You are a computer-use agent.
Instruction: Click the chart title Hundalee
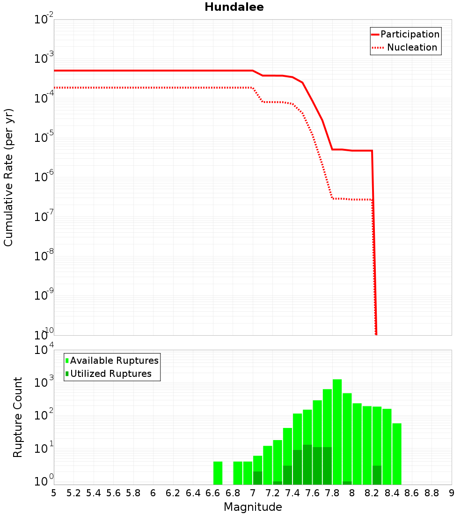click(x=234, y=7)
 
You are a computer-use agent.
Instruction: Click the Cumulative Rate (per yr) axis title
click(x=8, y=177)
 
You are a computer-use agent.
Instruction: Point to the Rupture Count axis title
click(x=18, y=417)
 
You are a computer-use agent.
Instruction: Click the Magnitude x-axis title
click(x=253, y=507)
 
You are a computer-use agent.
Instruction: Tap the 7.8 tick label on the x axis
click(x=332, y=493)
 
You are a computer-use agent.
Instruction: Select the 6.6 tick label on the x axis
click(x=213, y=493)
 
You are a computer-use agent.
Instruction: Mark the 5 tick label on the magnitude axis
click(x=54, y=493)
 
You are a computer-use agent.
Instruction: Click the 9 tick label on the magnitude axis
click(x=452, y=493)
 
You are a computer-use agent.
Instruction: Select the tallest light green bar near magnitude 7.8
click(x=337, y=421)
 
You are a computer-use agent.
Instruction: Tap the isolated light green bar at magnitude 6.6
click(x=218, y=473)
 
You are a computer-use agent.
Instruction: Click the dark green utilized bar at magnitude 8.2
click(x=377, y=475)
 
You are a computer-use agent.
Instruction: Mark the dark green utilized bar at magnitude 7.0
click(x=257, y=478)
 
